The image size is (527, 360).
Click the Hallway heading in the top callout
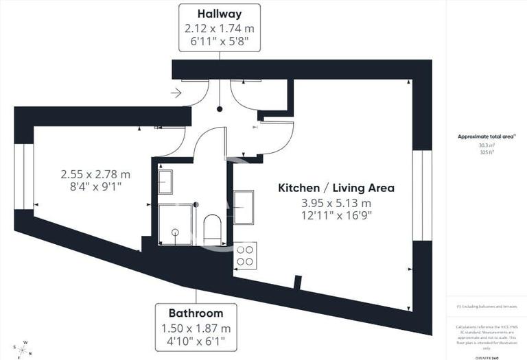click(220, 14)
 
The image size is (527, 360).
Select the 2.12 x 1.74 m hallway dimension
click(220, 29)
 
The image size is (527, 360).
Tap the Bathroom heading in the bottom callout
click(196, 313)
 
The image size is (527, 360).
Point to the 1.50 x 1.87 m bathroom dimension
click(196, 328)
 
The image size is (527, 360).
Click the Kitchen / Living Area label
click(336, 187)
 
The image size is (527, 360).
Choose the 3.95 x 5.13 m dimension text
click(336, 203)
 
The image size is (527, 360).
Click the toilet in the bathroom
click(213, 229)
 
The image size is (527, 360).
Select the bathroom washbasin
click(165, 182)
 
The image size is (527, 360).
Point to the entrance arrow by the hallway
click(177, 93)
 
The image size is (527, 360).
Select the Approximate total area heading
click(487, 136)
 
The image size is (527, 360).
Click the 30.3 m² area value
click(486, 145)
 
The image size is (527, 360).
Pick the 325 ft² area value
click(486, 152)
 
